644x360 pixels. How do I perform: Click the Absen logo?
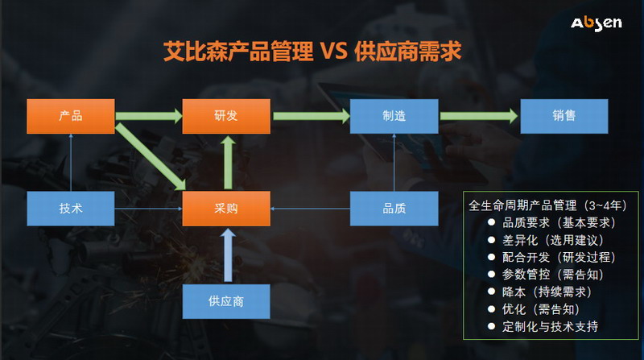click(x=596, y=23)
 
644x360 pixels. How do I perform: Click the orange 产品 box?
click(x=71, y=116)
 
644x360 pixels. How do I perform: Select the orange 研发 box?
click(x=226, y=116)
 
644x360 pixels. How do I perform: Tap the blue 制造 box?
click(x=394, y=116)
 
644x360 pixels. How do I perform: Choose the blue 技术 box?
click(x=71, y=209)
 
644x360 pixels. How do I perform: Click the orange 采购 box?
click(x=226, y=209)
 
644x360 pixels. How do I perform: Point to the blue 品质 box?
click(x=394, y=209)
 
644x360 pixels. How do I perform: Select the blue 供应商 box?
click(x=226, y=301)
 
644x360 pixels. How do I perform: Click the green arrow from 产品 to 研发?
click(x=149, y=116)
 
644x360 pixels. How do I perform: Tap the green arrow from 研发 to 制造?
click(x=310, y=116)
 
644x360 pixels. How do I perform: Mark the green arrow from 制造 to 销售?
click(x=479, y=116)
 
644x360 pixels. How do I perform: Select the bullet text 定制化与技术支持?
click(x=550, y=327)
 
